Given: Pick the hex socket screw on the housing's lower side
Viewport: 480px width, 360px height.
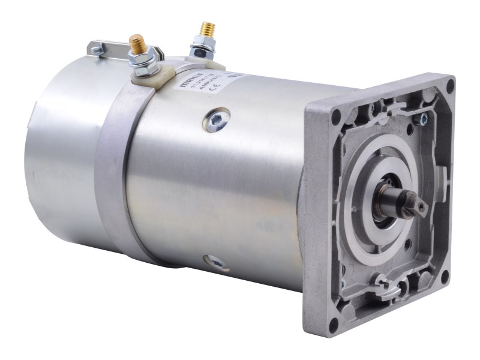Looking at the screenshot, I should click(213, 262).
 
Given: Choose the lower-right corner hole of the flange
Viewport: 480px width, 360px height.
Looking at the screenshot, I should click(445, 278).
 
